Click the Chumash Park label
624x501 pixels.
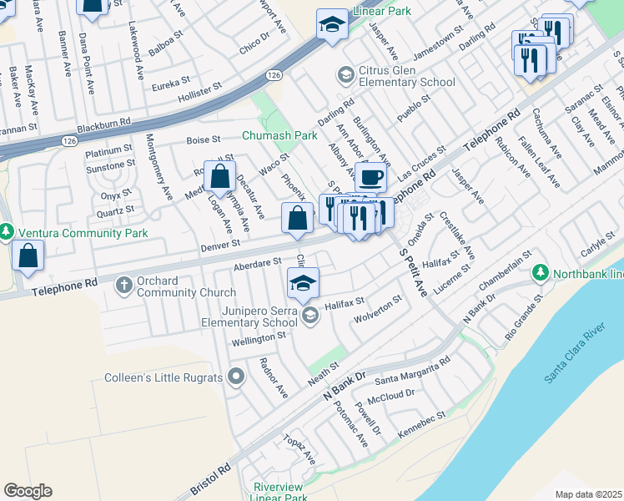(279, 135)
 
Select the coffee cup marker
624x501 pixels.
(370, 177)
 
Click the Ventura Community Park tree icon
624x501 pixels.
(7, 231)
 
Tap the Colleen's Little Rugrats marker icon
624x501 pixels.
(235, 377)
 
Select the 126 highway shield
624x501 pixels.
(274, 75)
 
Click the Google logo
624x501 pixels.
(28, 491)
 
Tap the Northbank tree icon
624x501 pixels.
(541, 273)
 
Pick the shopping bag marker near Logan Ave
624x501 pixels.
(219, 177)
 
